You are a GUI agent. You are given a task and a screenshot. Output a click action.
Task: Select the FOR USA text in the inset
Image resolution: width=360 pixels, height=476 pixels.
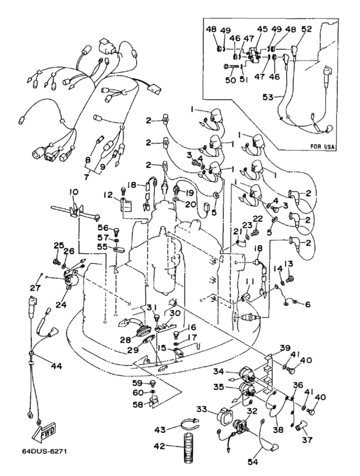pyautogui.click(x=323, y=147)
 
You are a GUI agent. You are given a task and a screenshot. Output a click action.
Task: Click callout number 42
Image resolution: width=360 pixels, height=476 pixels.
pyautogui.click(x=159, y=446)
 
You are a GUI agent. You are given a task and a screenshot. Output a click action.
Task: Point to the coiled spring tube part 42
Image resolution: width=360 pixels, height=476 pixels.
pyautogui.click(x=188, y=448)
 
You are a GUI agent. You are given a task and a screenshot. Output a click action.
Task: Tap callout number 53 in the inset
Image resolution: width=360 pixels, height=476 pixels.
pyautogui.click(x=269, y=97)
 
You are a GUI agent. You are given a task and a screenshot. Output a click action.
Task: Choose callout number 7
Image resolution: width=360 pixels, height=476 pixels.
pyautogui.click(x=86, y=177)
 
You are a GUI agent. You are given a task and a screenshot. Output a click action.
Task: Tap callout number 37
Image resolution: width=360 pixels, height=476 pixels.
pyautogui.click(x=307, y=439)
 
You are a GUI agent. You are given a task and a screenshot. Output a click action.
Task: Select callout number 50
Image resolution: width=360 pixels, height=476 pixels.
pyautogui.click(x=231, y=80)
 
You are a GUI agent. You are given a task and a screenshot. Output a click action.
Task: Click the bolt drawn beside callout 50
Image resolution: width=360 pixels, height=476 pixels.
pyautogui.click(x=231, y=67)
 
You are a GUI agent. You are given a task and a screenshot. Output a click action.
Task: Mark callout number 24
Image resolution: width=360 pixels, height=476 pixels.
pyautogui.click(x=70, y=304)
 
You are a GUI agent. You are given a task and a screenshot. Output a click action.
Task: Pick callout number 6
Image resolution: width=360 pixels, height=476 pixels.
pyautogui.click(x=308, y=304)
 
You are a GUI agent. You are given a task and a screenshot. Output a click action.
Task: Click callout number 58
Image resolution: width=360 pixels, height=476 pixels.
pyautogui.click(x=138, y=405)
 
